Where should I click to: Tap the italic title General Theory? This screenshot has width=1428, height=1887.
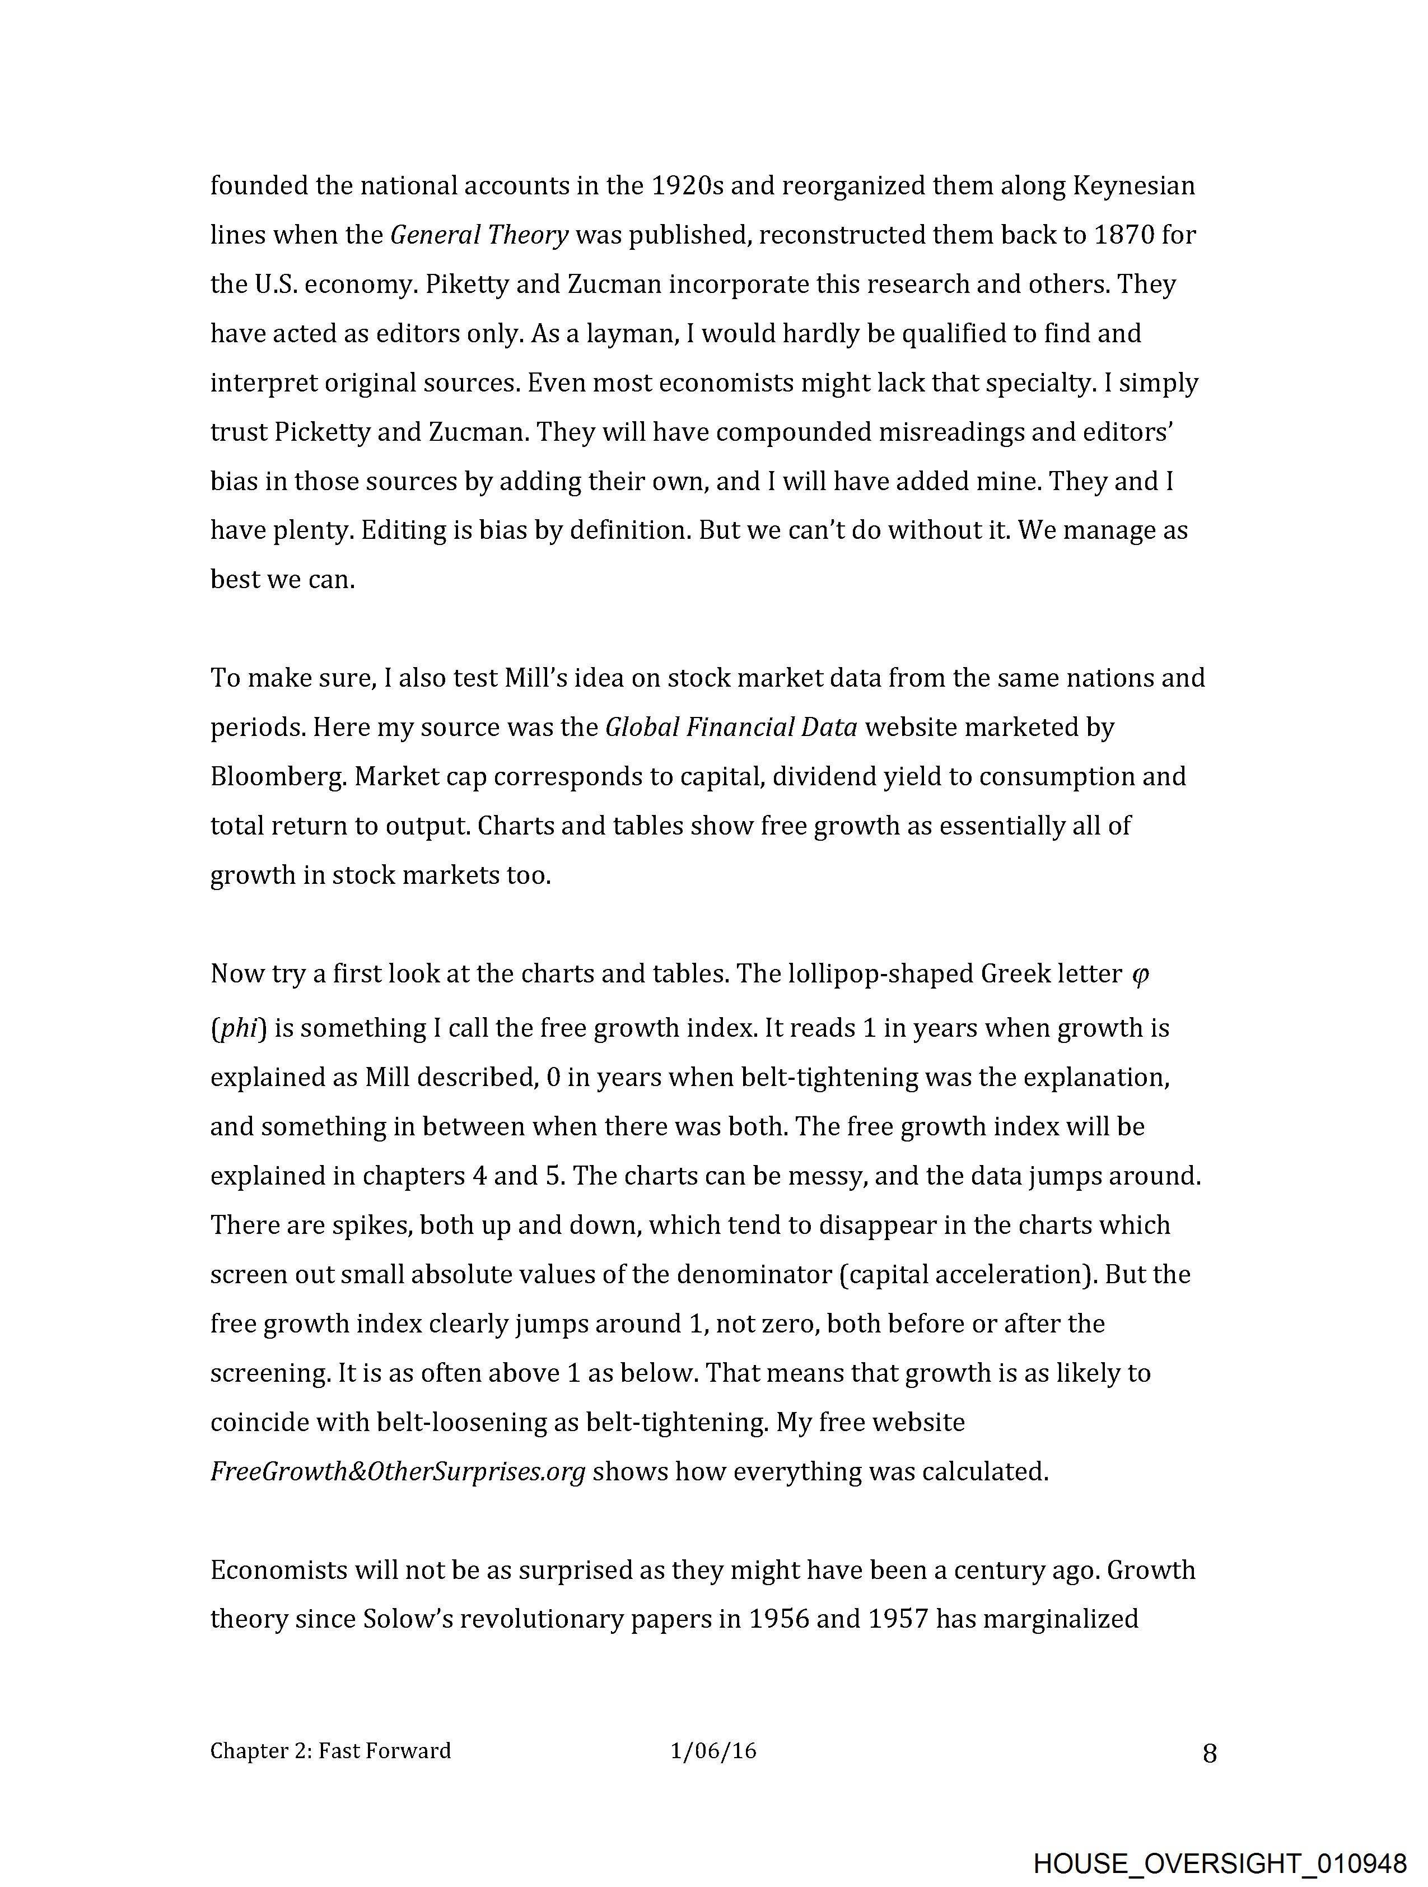[x=479, y=235]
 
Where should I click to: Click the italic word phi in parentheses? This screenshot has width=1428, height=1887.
[x=239, y=1029]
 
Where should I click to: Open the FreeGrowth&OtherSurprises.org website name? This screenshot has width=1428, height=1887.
[x=398, y=1471]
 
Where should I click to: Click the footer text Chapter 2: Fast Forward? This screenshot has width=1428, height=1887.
[x=330, y=1751]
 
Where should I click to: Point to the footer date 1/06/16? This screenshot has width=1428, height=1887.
[x=713, y=1751]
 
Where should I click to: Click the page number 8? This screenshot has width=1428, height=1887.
[x=1209, y=1754]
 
